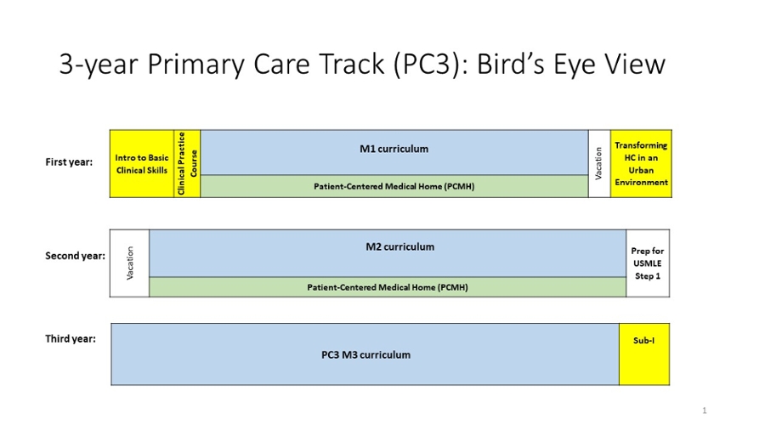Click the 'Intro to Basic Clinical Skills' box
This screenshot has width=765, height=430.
click(x=141, y=164)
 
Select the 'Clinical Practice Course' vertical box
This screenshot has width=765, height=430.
click(x=187, y=164)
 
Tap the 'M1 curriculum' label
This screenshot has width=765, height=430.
click(x=394, y=150)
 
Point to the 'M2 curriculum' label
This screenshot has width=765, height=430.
click(x=400, y=247)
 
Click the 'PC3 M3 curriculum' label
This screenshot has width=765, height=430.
click(x=365, y=355)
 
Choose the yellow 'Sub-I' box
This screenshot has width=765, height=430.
click(x=644, y=354)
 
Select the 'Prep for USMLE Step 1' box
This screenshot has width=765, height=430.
click(x=648, y=263)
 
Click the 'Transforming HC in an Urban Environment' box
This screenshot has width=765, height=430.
click(x=641, y=164)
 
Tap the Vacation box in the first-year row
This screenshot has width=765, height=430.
click(x=599, y=164)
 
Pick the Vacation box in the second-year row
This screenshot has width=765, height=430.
click(x=129, y=263)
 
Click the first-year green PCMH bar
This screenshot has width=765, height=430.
click(x=394, y=186)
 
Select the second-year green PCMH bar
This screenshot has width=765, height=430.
click(x=388, y=287)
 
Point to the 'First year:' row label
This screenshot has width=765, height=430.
click(x=69, y=162)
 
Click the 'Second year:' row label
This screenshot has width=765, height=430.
click(x=75, y=256)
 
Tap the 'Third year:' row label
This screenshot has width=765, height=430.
click(x=71, y=339)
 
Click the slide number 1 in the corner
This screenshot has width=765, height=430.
click(x=705, y=410)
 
